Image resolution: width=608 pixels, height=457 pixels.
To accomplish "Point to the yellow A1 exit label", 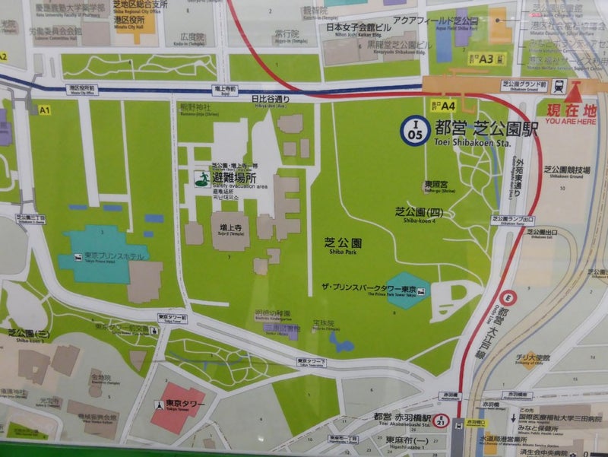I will [x=44, y=110].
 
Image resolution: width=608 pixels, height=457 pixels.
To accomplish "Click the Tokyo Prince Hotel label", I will [x=106, y=255].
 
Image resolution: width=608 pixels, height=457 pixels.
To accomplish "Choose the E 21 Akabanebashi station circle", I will [x=458, y=425].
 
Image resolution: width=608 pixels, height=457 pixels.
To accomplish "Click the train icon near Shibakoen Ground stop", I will [x=559, y=86].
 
